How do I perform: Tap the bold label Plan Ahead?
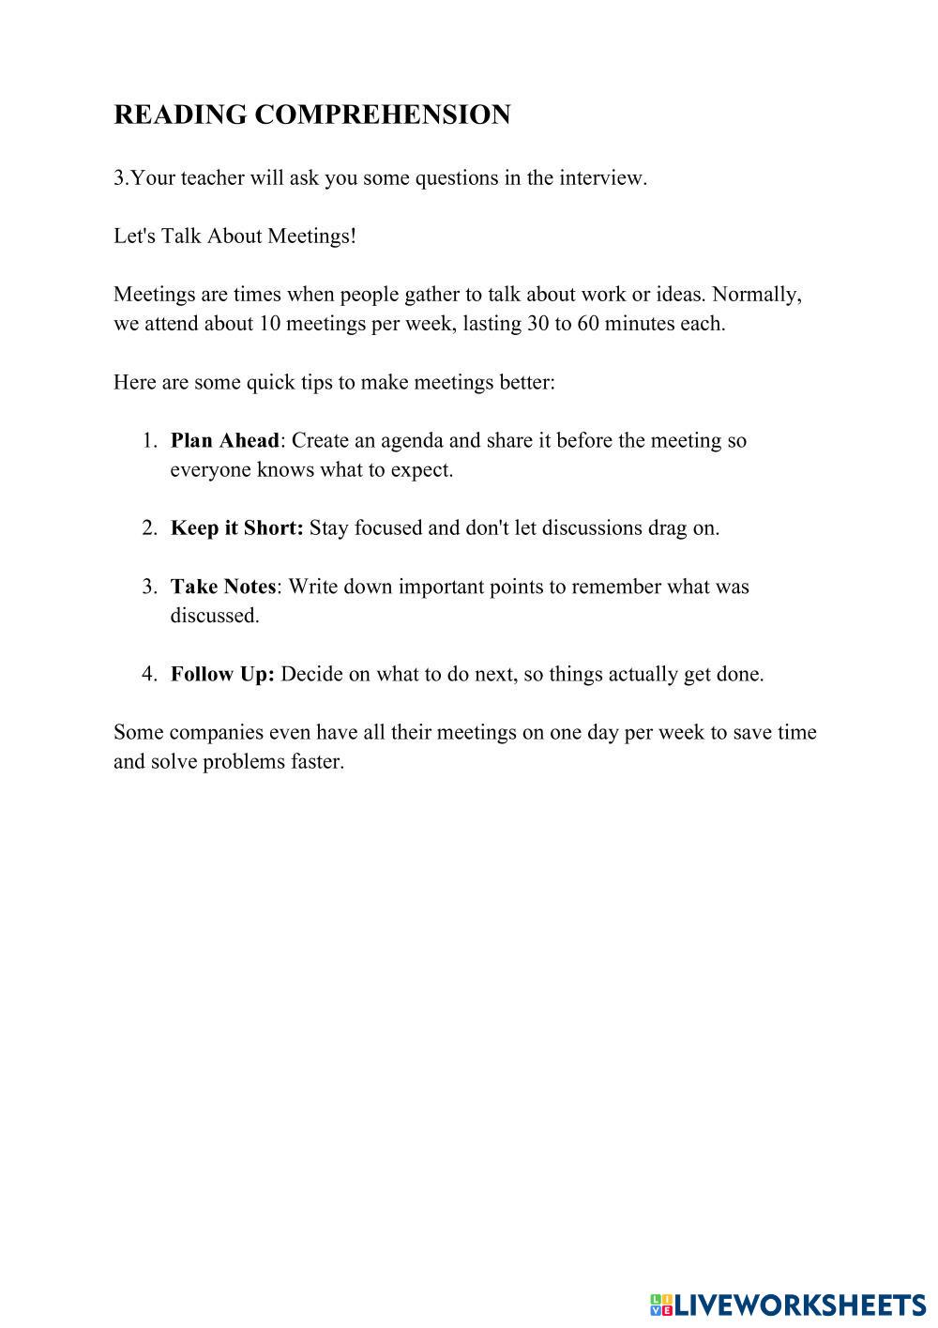click(x=225, y=440)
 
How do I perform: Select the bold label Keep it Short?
click(x=236, y=527)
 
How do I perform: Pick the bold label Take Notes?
click(x=223, y=587)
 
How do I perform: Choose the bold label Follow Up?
click(x=222, y=674)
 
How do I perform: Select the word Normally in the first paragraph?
click(x=756, y=294)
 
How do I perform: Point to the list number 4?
click(x=149, y=674)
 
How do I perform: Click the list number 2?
click(x=149, y=527)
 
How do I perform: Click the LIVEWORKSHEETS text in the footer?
click(x=800, y=1305)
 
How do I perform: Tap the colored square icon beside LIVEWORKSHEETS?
click(x=660, y=1305)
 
